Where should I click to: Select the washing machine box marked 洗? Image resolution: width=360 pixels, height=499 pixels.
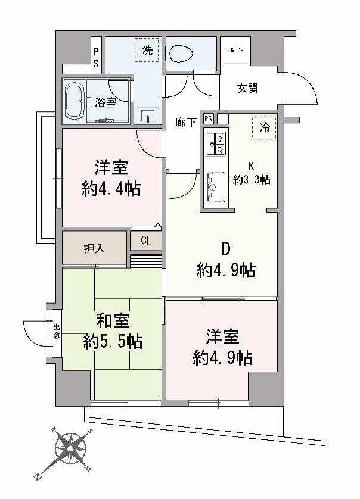point(147,50)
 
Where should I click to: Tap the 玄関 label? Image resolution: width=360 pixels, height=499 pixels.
point(247,89)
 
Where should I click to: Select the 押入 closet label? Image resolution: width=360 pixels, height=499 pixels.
point(95,247)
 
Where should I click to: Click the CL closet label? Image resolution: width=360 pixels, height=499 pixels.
point(146,241)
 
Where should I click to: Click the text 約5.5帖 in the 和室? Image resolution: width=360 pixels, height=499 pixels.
point(113,342)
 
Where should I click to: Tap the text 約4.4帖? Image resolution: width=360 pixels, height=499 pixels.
point(111,189)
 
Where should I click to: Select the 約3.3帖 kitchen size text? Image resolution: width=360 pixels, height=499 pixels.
point(252,179)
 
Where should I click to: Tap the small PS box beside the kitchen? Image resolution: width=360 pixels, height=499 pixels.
point(207,118)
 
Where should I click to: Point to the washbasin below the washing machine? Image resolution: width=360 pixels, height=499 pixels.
point(147,115)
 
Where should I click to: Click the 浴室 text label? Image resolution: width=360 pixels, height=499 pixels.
point(107,102)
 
